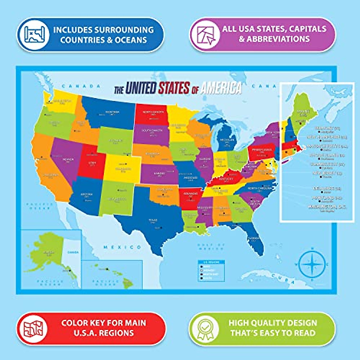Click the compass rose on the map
click(x=312, y=264)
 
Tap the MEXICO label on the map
click(x=122, y=247)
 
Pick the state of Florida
click(x=253, y=238)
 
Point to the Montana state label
click(x=112, y=113)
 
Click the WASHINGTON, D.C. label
click(x=327, y=207)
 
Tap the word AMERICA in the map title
click(x=221, y=88)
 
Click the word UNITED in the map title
click(x=141, y=88)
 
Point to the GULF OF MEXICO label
click(x=211, y=247)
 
